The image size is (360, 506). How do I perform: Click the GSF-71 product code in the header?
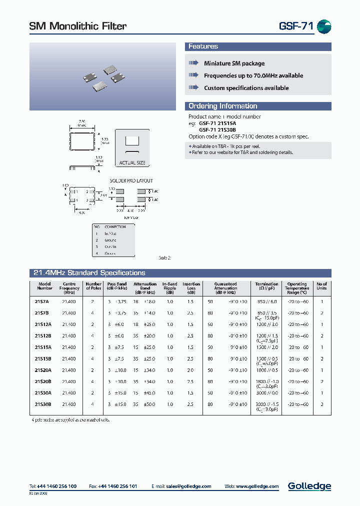pyautogui.click(x=295, y=26)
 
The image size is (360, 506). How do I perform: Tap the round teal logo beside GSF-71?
pyautogui.click(x=324, y=27)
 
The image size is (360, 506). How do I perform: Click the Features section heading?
pyautogui.click(x=203, y=46)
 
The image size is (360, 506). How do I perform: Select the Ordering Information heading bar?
pyautogui.click(x=222, y=106)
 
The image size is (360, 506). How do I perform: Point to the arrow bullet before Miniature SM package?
pyautogui.click(x=193, y=63)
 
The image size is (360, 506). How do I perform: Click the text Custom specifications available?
pyautogui.click(x=246, y=88)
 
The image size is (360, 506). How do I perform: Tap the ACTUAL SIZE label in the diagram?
pyautogui.click(x=131, y=163)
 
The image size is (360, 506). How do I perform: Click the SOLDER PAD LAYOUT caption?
pyautogui.click(x=131, y=180)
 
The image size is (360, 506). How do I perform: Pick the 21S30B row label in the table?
pyautogui.click(x=43, y=404)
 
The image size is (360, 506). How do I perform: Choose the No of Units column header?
pyautogui.click(x=321, y=286)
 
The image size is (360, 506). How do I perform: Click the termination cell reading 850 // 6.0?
pyautogui.click(x=266, y=301)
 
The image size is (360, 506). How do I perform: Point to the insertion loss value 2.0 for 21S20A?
pyautogui.click(x=191, y=370)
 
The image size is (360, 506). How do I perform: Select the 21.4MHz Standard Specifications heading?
pyautogui.click(x=89, y=273)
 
